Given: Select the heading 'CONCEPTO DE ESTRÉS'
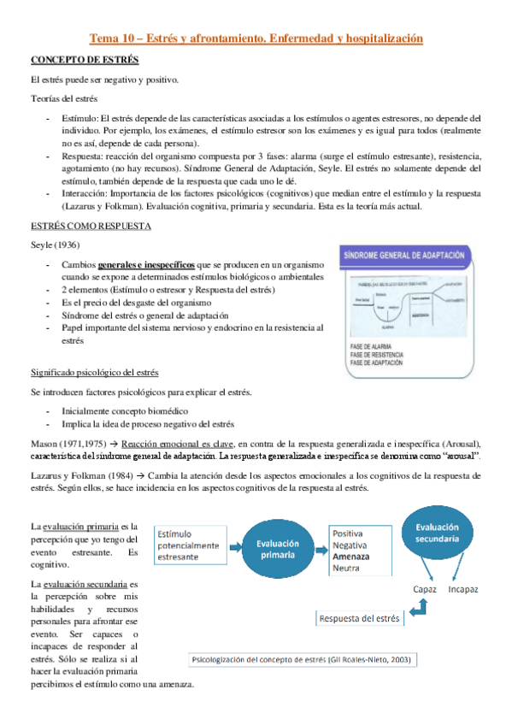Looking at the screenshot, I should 85,61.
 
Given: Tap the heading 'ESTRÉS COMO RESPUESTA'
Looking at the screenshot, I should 91,227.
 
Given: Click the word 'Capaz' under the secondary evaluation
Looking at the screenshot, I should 426,590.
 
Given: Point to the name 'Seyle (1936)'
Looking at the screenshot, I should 55,245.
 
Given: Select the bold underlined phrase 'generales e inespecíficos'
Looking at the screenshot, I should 145,265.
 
